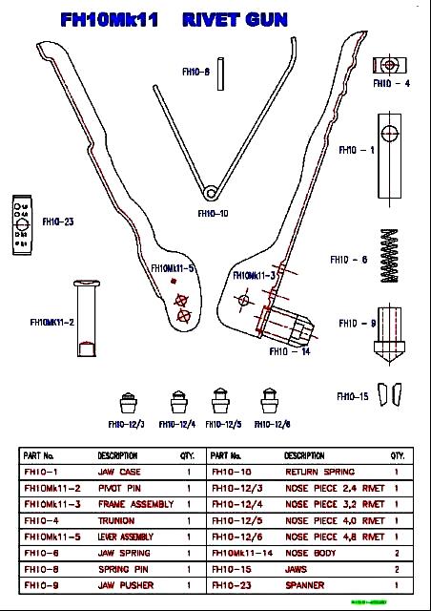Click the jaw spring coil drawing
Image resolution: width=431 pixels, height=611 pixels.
coord(389,260)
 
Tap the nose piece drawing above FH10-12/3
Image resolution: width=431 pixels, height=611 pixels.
coord(126,398)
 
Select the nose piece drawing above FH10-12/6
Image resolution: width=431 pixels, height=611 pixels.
coord(270,398)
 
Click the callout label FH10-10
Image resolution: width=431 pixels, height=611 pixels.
coord(213,214)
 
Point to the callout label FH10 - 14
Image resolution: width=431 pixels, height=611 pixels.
coord(290,352)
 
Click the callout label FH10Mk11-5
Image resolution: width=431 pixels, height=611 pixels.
coord(173,268)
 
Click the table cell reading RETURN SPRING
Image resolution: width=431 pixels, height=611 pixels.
coord(319,473)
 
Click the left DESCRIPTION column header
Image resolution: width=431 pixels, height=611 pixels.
coord(117,456)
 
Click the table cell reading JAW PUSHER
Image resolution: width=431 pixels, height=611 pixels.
coord(125,585)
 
